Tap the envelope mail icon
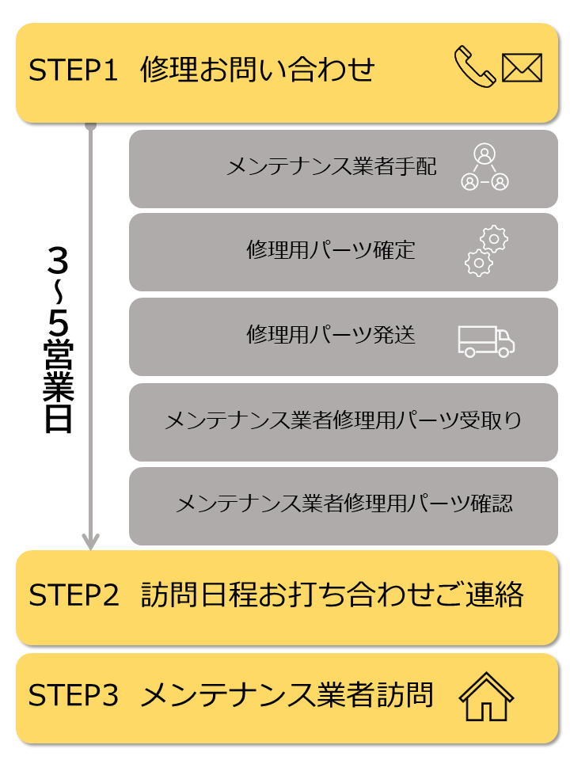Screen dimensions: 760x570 coord(522,67)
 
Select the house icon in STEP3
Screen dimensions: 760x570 coord(486,697)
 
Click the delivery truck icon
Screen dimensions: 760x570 coord(486,340)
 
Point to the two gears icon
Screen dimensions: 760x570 coord(485,251)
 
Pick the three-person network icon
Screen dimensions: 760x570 coord(484,167)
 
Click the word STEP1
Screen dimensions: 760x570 coord(73,70)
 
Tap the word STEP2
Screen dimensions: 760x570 coord(74,595)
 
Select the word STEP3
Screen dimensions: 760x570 coord(74,695)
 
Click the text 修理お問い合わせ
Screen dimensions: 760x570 coord(257,70)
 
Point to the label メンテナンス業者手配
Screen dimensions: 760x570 coord(331,167)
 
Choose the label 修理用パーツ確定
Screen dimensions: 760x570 coord(330,251)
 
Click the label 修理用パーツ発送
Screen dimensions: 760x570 coord(330,335)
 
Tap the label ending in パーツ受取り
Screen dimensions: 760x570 coord(343,420)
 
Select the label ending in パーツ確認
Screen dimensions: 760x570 coord(344,503)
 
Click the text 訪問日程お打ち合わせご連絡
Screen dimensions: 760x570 coord(332,595)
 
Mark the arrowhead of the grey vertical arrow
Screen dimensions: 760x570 coord(91,541)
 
